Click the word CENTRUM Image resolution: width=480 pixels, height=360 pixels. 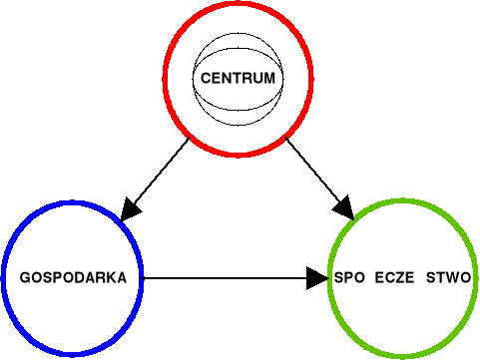pyautogui.click(x=237, y=78)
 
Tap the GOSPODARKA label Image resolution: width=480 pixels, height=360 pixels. pyautogui.click(x=73, y=278)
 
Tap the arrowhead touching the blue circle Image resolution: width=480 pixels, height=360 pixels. pyautogui.click(x=130, y=207)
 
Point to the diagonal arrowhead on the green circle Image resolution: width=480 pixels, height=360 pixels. pyautogui.click(x=344, y=208)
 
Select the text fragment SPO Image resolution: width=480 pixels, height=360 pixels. pyautogui.click(x=350, y=278)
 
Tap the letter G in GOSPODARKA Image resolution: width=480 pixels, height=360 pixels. pyautogui.click(x=25, y=278)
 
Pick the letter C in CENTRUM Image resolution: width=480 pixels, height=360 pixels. pyautogui.click(x=205, y=78)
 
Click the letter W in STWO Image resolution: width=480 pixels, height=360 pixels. pyautogui.click(x=451, y=278)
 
